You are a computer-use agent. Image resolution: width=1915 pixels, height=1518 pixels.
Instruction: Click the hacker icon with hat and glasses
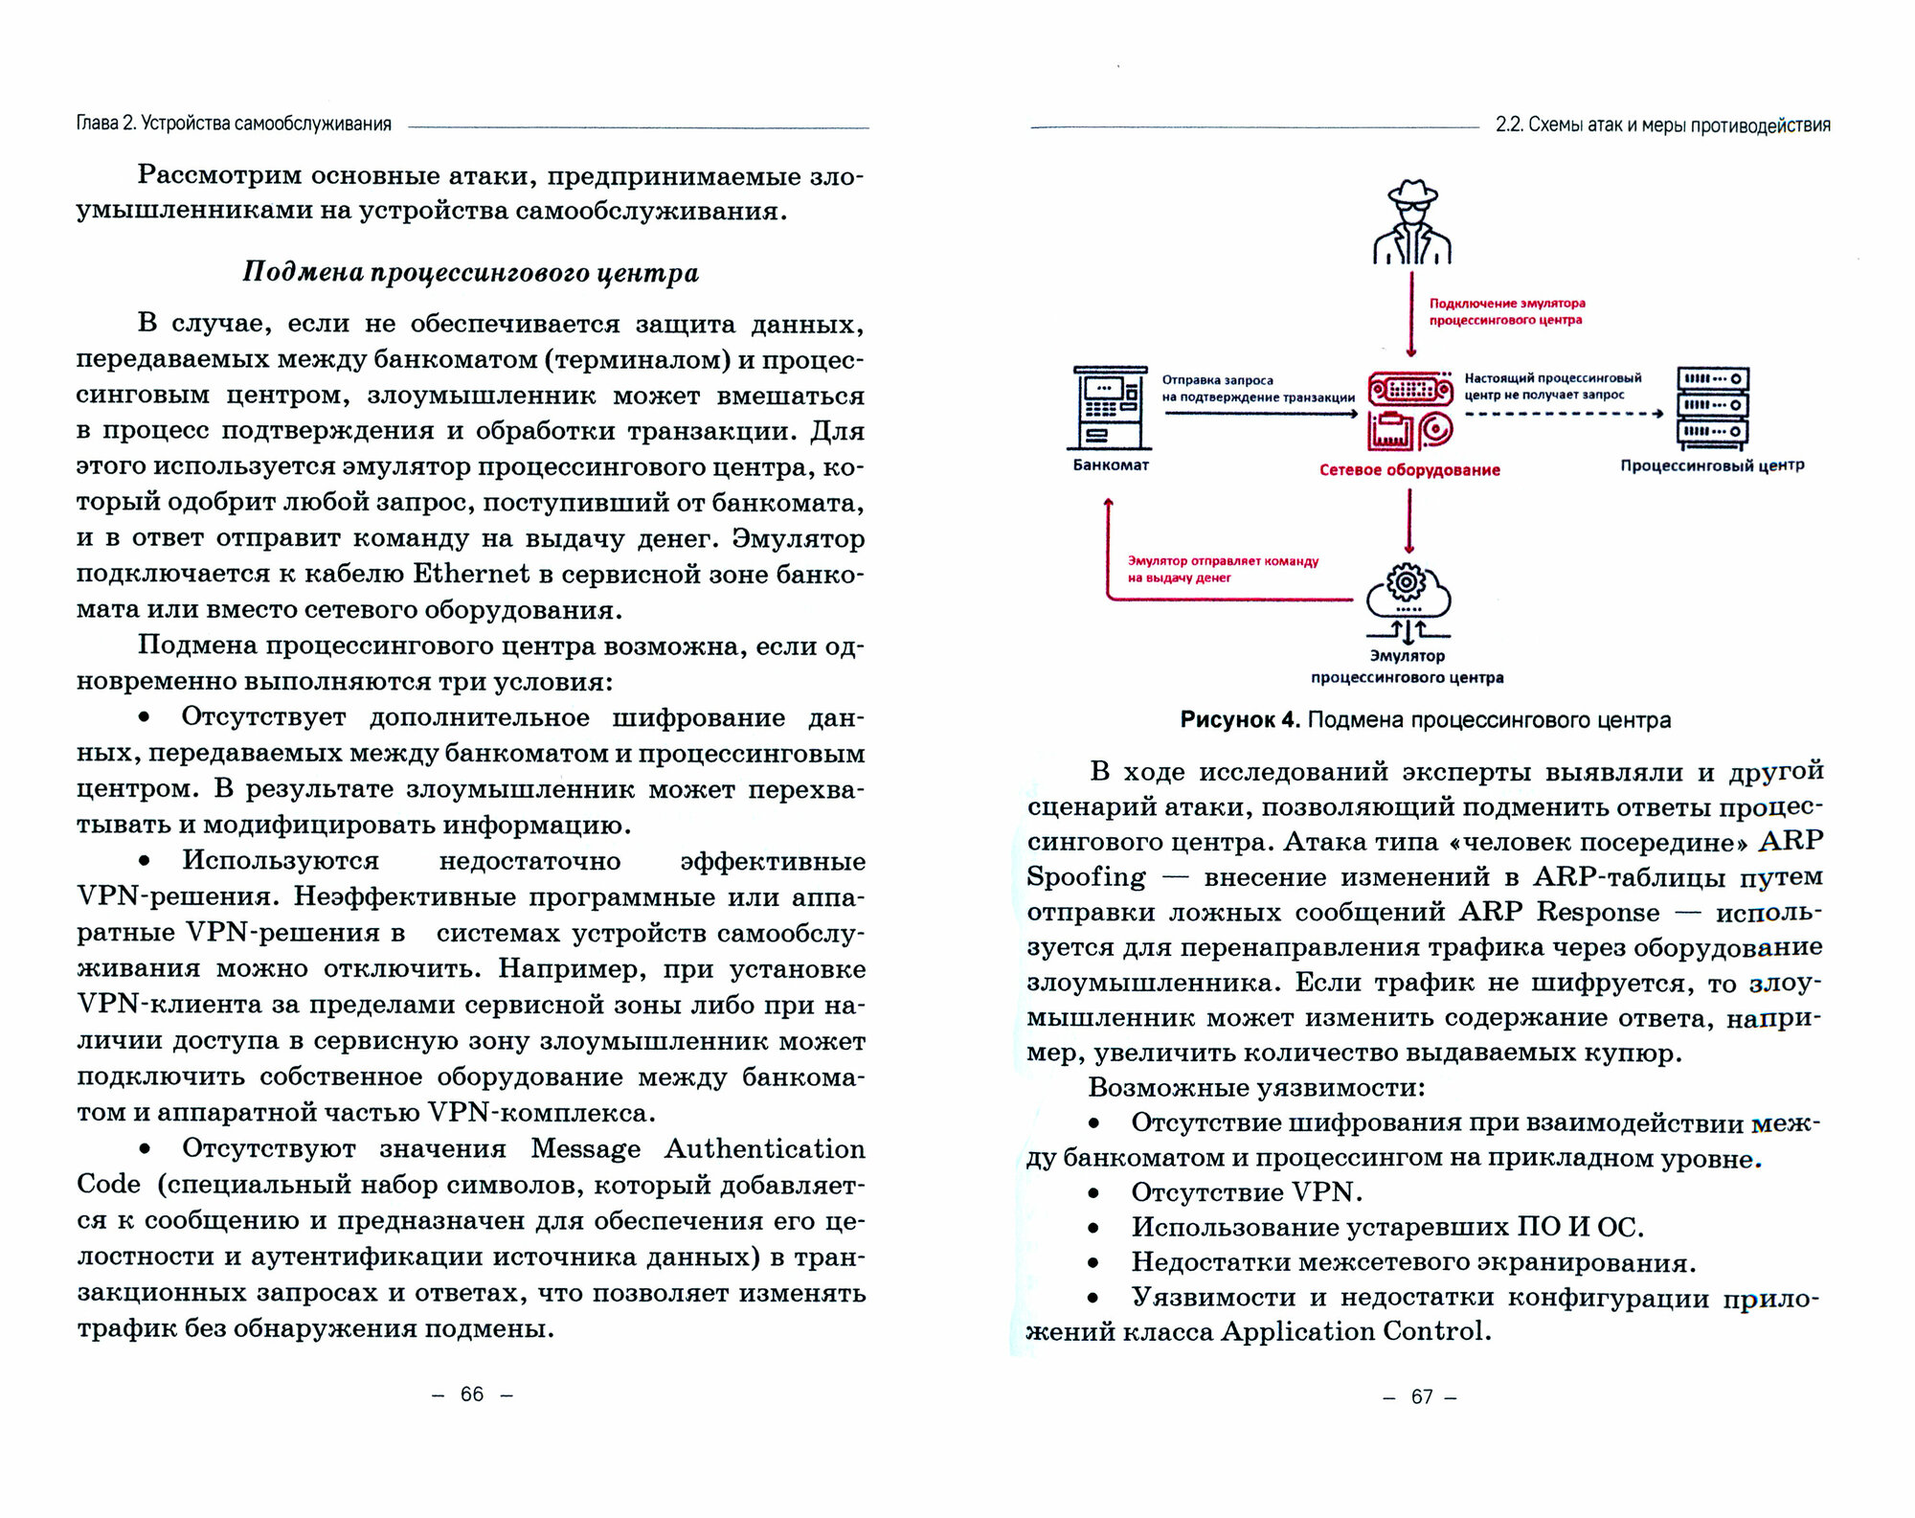click(x=1411, y=222)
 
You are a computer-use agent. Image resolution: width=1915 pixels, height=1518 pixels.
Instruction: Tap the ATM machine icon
click(x=1110, y=408)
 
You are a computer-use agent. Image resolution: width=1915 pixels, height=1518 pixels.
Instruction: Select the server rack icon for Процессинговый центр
click(x=1712, y=408)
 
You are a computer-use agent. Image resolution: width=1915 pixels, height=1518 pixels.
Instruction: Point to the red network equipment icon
click(x=1409, y=412)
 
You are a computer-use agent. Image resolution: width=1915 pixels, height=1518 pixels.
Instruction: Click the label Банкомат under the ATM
click(x=1111, y=465)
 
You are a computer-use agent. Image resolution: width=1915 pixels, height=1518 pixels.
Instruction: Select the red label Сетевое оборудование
click(x=1409, y=470)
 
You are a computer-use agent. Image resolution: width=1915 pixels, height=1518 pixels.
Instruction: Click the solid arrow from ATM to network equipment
click(x=1260, y=414)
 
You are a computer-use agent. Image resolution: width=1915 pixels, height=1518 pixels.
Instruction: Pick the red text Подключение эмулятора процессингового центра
click(x=1506, y=311)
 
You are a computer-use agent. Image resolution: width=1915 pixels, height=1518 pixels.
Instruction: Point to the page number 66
click(x=472, y=1394)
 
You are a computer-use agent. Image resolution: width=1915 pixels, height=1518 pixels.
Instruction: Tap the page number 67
click(x=1421, y=1397)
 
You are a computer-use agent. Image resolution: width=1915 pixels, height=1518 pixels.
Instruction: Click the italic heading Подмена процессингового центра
click(x=470, y=273)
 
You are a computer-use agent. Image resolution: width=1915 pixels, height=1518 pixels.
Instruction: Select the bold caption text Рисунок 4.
click(x=1239, y=720)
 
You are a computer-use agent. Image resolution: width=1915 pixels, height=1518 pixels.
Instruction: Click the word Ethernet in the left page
click(x=470, y=574)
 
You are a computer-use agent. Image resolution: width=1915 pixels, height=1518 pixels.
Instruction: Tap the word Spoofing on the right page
click(x=1086, y=877)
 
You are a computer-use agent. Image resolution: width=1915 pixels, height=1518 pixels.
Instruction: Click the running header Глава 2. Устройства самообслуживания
click(x=235, y=125)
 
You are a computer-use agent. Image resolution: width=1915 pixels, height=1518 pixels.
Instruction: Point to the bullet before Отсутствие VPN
click(x=1093, y=1193)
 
